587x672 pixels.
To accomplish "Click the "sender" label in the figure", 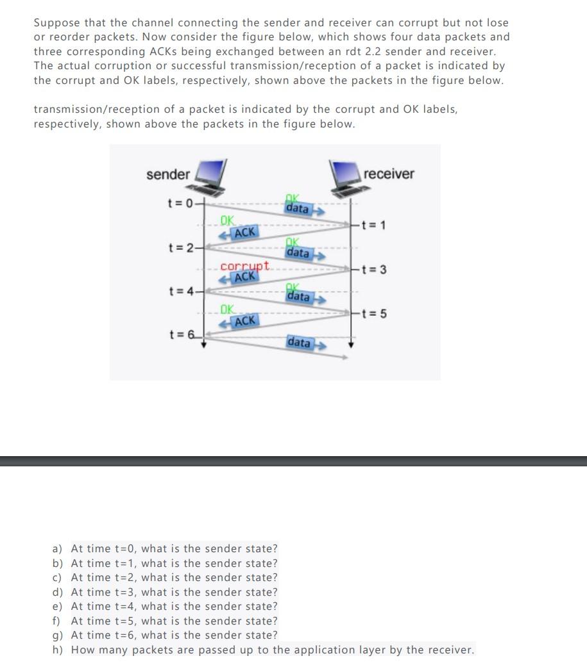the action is [x=167, y=174].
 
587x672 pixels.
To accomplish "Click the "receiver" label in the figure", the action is [x=389, y=174].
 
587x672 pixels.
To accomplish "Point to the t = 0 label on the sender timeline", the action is [x=180, y=204].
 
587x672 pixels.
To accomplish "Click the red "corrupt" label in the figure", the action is [x=245, y=266].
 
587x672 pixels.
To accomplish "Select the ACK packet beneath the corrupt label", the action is [x=243, y=277].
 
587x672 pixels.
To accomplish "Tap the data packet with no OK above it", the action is [x=300, y=343].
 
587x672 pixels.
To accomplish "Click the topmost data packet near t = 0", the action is [x=298, y=209].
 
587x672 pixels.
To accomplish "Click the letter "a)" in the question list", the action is [x=58, y=549].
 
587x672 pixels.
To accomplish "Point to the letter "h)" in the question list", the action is [x=58, y=650].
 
